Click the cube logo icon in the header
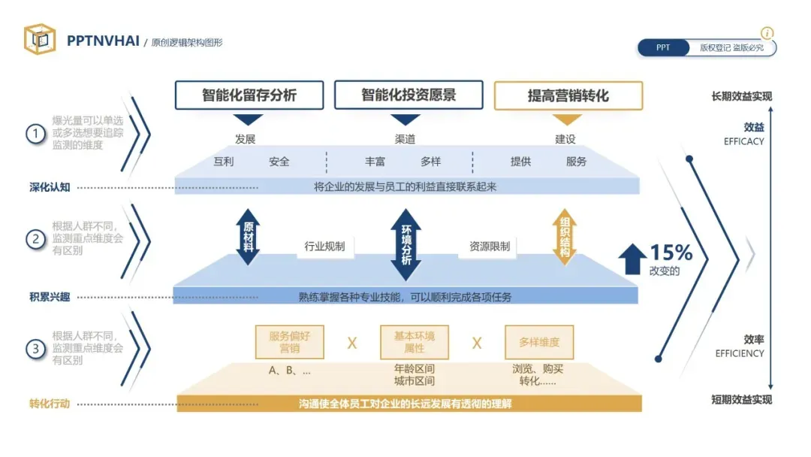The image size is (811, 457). point(40,39)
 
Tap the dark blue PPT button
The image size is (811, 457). point(663,48)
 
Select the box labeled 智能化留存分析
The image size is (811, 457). point(249,95)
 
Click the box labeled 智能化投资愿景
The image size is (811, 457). point(409,95)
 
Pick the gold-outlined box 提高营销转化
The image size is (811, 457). point(568,96)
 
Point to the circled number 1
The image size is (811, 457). point(35,134)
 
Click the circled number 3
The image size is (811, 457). point(35,349)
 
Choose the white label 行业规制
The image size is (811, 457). point(324,246)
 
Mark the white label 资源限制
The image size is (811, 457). point(490,246)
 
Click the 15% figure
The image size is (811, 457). point(671,253)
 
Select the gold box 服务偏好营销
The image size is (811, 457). point(289,342)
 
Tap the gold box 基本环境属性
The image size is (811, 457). point(414,342)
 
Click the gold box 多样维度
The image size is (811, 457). point(539,342)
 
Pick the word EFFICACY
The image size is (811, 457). point(743,141)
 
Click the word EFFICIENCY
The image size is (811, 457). point(740,353)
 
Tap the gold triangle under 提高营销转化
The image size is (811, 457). point(567,120)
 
